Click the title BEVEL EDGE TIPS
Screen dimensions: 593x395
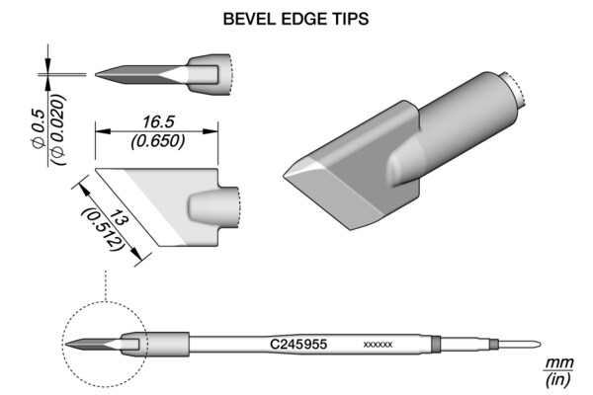(296, 19)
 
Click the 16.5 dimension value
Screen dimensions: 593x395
(158, 122)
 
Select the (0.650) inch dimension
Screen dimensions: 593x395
(158, 141)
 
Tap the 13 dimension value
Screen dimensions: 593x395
(118, 218)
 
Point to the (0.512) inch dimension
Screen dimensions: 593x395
(103, 229)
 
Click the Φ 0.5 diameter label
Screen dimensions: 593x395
(39, 128)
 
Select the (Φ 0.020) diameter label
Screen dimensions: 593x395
(58, 129)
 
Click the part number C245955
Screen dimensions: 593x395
(298, 344)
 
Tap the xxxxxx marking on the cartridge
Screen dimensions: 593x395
(378, 345)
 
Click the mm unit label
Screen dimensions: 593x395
(559, 362)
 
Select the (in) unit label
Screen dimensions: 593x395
(557, 379)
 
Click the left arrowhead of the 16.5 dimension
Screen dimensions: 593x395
(103, 131)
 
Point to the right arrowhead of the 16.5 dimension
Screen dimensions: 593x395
(211, 131)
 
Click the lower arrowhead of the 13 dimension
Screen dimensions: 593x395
(137, 254)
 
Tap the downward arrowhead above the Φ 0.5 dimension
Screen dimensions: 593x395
(48, 63)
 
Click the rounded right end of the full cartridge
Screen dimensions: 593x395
(539, 345)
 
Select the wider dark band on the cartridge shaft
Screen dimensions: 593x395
(436, 345)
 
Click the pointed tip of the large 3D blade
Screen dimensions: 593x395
(284, 176)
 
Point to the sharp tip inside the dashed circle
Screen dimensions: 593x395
(66, 344)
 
